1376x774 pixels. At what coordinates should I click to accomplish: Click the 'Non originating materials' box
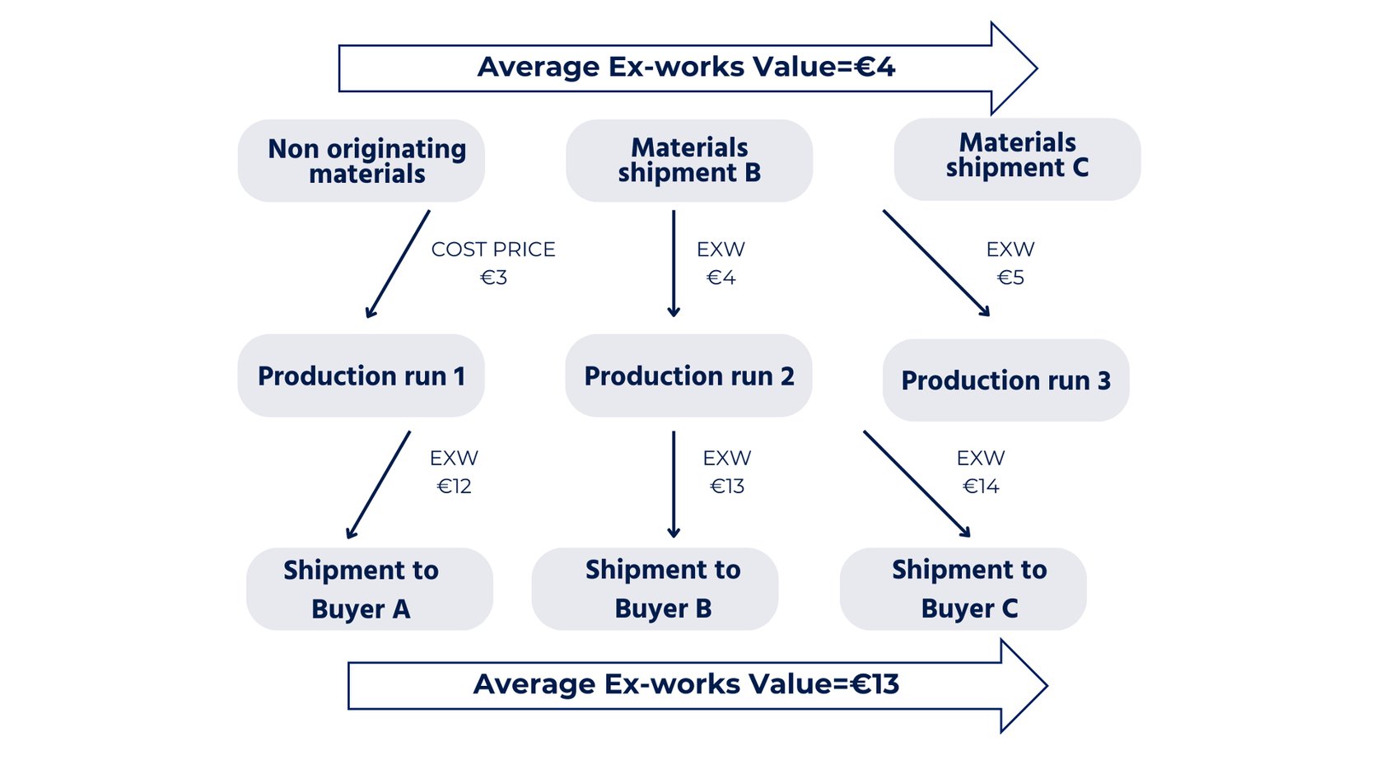pos(361,161)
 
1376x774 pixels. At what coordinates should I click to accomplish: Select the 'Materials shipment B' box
pos(688,161)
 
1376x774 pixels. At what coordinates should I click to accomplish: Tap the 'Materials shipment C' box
pos(1017,159)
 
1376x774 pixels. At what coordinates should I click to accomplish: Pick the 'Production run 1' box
pos(361,375)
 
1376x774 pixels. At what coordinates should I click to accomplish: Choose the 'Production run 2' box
pos(688,375)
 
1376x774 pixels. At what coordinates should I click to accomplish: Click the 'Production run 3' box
pos(1005,380)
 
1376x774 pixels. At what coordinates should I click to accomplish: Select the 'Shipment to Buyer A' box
pos(369,589)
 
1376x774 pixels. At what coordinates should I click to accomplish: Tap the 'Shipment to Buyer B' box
pos(655,589)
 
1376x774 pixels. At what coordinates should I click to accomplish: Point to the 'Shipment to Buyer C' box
pos(963,589)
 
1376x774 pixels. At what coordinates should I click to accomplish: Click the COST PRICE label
pos(493,249)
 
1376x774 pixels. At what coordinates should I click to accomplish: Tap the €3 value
pos(493,277)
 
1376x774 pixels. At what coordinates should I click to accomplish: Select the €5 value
pos(1010,277)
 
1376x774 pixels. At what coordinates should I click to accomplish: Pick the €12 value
pos(454,487)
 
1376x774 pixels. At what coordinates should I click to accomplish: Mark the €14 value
pos(981,487)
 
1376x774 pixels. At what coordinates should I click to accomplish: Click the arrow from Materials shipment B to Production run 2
pos(674,263)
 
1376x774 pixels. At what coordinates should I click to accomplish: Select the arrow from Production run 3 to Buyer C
pos(917,483)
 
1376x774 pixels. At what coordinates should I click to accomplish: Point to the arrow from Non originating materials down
pos(398,263)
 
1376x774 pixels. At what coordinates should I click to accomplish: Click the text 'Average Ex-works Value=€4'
pos(686,67)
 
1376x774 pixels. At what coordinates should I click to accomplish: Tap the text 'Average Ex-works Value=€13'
pos(686,684)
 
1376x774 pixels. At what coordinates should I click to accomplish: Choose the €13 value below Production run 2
pos(727,487)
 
